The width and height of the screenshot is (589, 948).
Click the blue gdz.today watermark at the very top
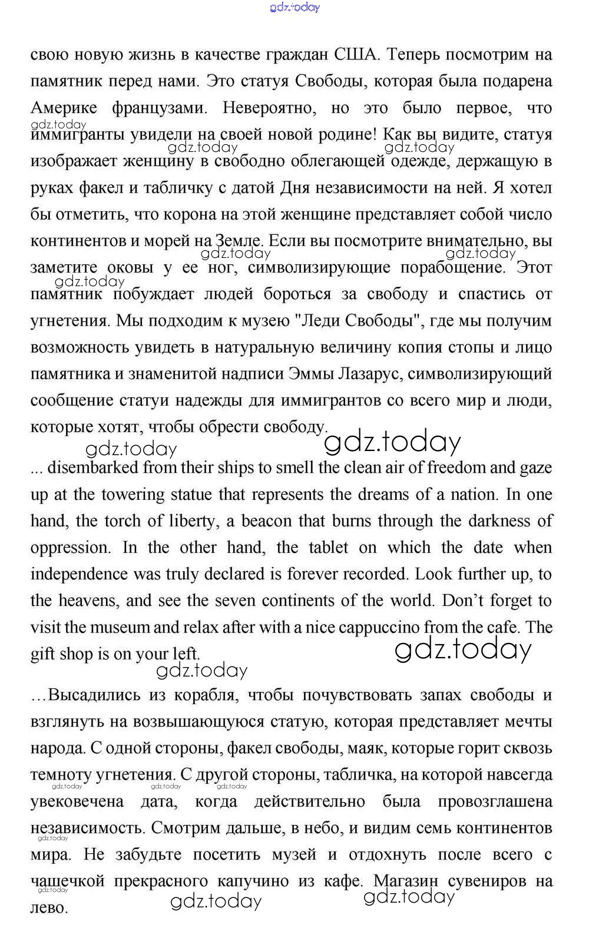pyautogui.click(x=294, y=8)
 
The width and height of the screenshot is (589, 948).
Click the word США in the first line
pyautogui.click(x=355, y=55)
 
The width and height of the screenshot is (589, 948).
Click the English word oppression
pyautogui.click(x=70, y=548)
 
